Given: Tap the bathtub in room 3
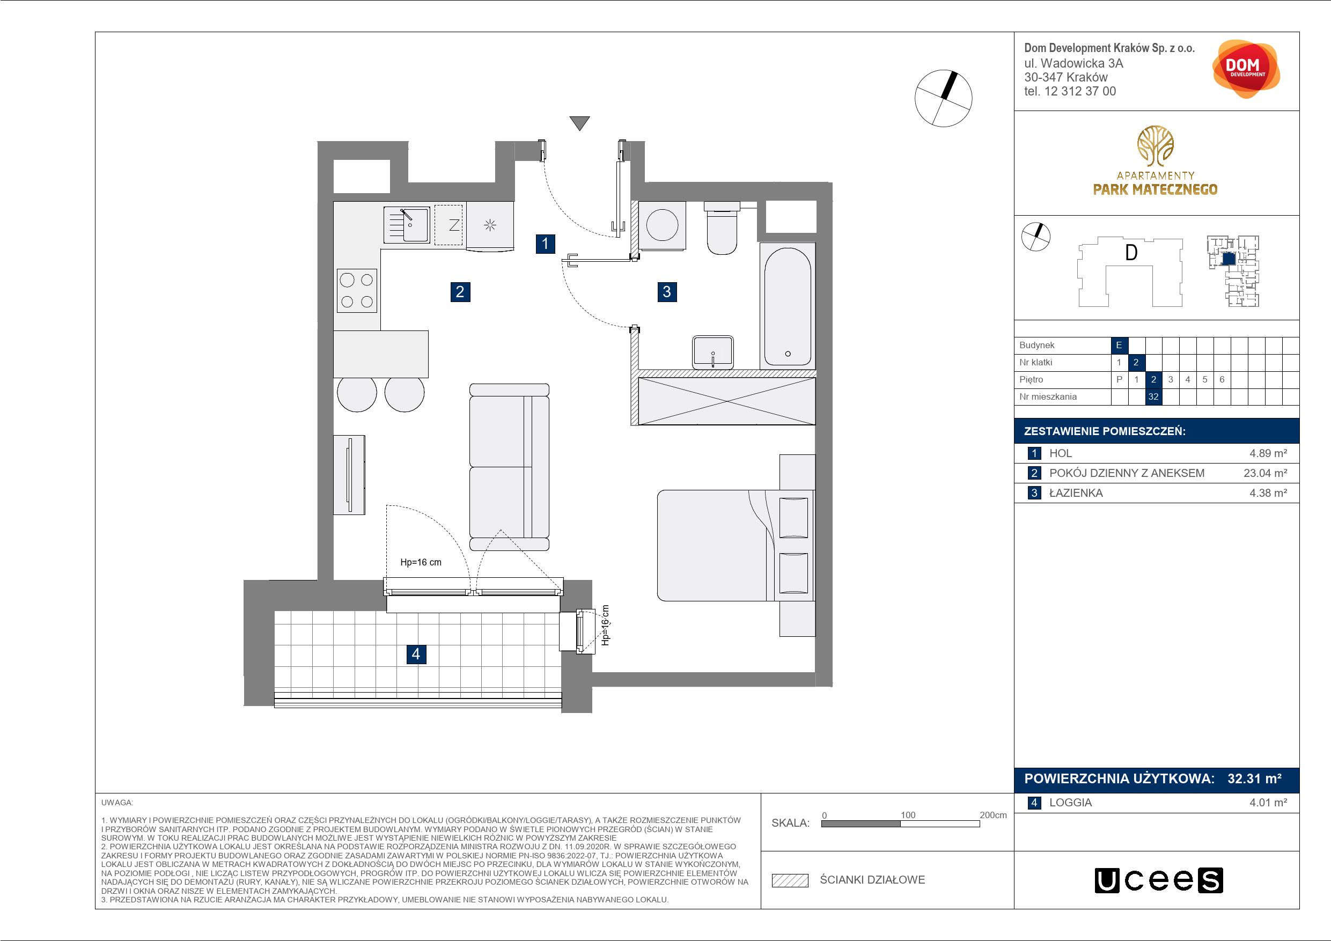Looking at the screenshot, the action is pos(787,306).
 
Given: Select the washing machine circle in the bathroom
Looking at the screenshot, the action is pos(662,225).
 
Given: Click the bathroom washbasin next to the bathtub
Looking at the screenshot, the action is pos(712,351).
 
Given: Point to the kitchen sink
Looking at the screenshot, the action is pos(406,225).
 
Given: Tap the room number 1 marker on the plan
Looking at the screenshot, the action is pos(545,244).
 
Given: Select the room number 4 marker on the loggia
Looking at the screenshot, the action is pos(416,654).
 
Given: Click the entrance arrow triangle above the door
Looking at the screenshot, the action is pos(579,123).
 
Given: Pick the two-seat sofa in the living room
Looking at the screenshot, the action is pos(509,467).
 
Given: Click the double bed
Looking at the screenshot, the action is pos(736,545).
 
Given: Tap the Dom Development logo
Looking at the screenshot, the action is pos(1245,69).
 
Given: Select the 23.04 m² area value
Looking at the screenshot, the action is pos(1266,473).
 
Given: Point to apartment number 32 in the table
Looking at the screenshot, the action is pos(1153,397).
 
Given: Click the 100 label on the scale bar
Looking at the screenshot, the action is pos(908,814).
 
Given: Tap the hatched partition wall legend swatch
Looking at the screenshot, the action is pos(790,880).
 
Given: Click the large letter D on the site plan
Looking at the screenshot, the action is pos(1130,253).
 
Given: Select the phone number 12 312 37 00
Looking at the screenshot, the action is pos(1079,91).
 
